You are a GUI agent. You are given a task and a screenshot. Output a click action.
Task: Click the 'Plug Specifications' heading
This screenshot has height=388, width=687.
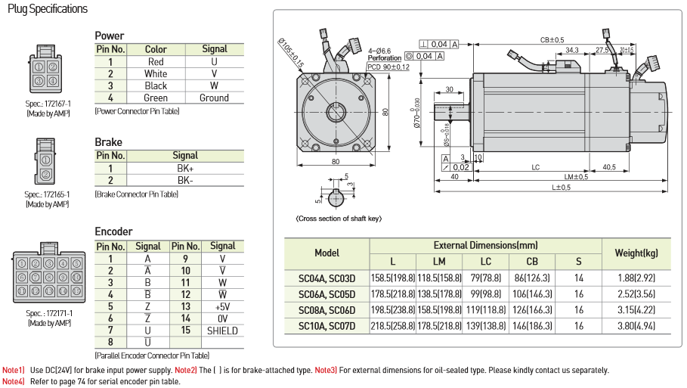[x=48, y=9]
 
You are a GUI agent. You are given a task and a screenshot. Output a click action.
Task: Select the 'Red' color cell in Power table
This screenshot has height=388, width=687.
[x=156, y=62]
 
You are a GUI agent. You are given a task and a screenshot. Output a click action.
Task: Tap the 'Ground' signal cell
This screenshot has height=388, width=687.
[x=214, y=98]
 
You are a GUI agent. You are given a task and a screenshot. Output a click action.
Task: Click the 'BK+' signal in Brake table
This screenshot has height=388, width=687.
[x=185, y=169]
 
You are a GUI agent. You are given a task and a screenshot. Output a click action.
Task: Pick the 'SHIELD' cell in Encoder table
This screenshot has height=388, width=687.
[x=222, y=331]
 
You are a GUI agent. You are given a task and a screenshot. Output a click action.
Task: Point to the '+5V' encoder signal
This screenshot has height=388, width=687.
[x=222, y=306]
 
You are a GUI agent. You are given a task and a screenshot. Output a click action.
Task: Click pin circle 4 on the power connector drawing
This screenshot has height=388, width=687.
[x=53, y=81]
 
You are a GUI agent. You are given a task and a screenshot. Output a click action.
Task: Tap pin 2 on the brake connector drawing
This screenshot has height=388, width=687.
[x=46, y=175]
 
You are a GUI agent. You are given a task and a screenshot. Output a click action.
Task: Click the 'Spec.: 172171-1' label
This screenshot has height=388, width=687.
[x=49, y=313]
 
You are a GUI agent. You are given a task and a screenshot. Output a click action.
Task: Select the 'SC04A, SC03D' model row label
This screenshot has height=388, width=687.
[x=326, y=278]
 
